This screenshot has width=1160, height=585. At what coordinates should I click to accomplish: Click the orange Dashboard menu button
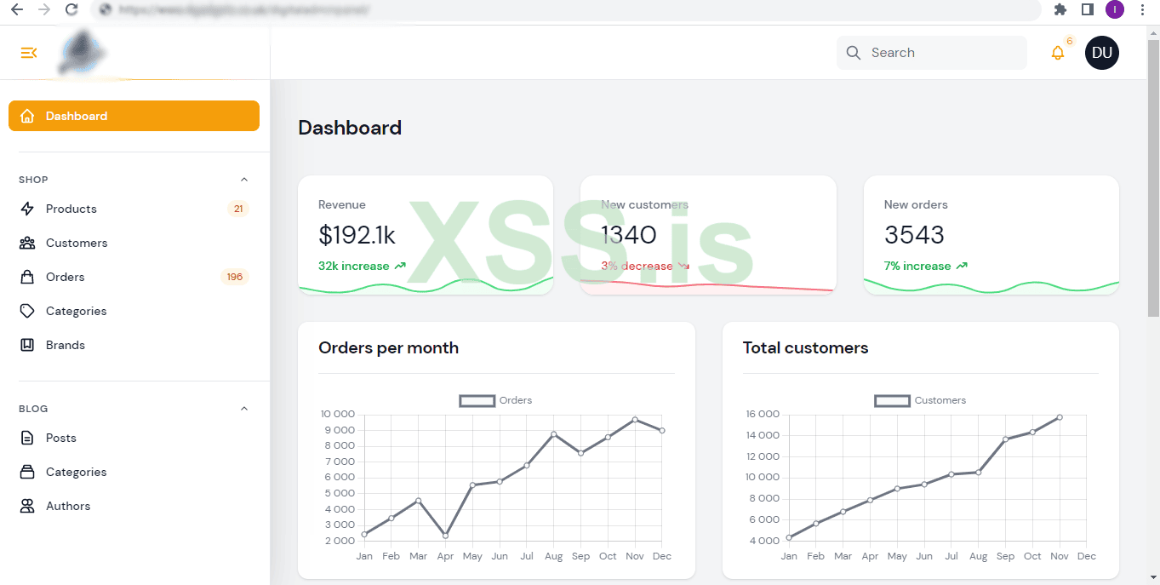pyautogui.click(x=134, y=116)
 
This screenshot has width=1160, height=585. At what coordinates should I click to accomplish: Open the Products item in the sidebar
pyautogui.click(x=71, y=209)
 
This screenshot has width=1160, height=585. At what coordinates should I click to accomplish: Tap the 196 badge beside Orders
pyautogui.click(x=234, y=277)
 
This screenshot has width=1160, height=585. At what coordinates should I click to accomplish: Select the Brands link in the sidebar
pyautogui.click(x=66, y=345)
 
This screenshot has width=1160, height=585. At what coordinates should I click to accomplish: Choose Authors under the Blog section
pyautogui.click(x=68, y=506)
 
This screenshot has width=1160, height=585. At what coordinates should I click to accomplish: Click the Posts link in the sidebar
pyautogui.click(x=61, y=438)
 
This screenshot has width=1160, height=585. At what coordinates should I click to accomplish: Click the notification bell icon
pyautogui.click(x=1058, y=53)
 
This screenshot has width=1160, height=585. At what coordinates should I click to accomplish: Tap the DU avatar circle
pyautogui.click(x=1102, y=53)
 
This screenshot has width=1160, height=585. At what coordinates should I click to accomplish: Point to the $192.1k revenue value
pyautogui.click(x=357, y=235)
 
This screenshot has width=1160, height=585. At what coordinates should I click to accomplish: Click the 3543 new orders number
pyautogui.click(x=915, y=235)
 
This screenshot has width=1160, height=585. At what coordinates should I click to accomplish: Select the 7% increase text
pyautogui.click(x=917, y=266)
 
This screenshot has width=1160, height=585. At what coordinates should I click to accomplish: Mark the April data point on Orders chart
pyautogui.click(x=445, y=536)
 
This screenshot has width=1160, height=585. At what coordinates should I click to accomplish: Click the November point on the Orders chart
pyautogui.click(x=635, y=420)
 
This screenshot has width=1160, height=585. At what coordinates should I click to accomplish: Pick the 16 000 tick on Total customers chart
pyautogui.click(x=762, y=415)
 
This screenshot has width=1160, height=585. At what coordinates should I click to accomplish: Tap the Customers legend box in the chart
pyautogui.click(x=892, y=400)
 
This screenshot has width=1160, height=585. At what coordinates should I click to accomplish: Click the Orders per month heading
pyautogui.click(x=388, y=347)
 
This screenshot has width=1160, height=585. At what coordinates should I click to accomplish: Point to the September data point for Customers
pyautogui.click(x=1005, y=439)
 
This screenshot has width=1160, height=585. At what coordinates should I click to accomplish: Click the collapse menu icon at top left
pyautogui.click(x=29, y=53)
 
